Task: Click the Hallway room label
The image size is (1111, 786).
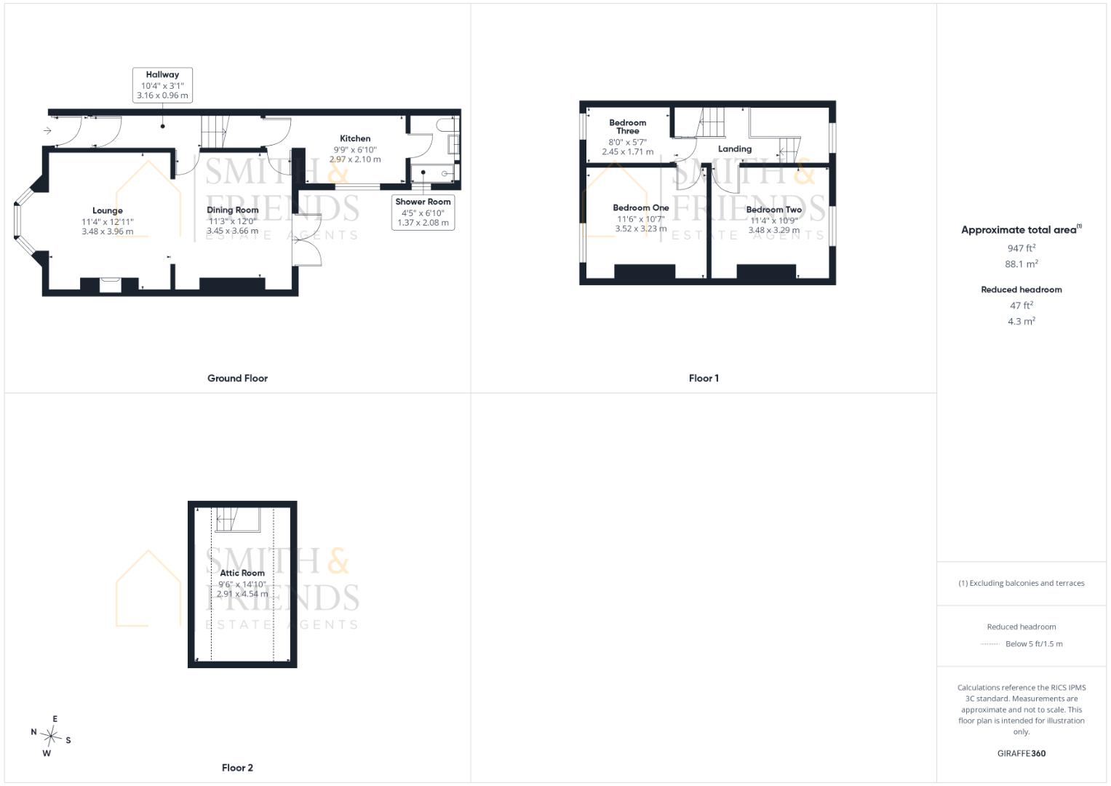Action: click(x=162, y=74)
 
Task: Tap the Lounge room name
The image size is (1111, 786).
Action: click(x=107, y=210)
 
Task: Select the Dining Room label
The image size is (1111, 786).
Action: click(x=233, y=210)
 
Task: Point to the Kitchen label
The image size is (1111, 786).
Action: click(x=355, y=138)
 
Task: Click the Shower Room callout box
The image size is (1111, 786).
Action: click(x=423, y=213)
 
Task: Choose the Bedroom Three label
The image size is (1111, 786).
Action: click(x=628, y=127)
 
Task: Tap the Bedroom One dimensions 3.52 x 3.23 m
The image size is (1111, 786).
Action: click(x=641, y=229)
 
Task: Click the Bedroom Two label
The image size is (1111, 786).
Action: click(x=773, y=210)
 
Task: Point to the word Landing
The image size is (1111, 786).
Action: click(x=735, y=149)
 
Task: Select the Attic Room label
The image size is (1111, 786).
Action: click(x=242, y=573)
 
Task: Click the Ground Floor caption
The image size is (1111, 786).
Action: click(x=238, y=378)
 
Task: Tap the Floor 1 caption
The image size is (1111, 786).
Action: click(x=704, y=378)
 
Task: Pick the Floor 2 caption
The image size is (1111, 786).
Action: click(x=237, y=768)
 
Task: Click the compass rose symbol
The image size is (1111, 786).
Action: click(x=51, y=736)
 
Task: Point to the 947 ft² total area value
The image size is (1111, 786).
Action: click(x=1022, y=247)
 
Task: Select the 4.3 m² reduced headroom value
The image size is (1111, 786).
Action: click(x=1022, y=321)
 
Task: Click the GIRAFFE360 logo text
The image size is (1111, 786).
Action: click(x=1022, y=753)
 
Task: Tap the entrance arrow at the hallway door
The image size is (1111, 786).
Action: click(x=47, y=130)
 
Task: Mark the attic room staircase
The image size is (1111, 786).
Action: click(x=238, y=520)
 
